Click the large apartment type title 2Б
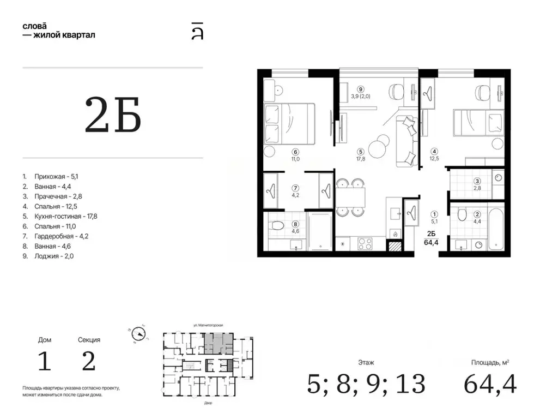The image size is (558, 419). click(113, 115)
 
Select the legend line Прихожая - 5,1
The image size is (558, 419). click(56, 176)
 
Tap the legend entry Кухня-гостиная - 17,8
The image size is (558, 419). click(66, 216)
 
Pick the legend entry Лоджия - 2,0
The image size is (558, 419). click(54, 256)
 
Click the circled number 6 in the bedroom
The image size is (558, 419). click(295, 152)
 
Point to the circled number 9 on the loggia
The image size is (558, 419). click(361, 89)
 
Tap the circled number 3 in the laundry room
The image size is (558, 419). click(477, 181)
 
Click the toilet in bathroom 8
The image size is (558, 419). click(276, 225)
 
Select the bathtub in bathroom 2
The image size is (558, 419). click(495, 229)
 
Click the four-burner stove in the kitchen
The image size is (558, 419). click(365, 244)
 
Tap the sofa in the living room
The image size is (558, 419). click(407, 141)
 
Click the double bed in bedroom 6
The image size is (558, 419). click(289, 124)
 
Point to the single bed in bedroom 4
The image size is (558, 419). click(478, 123)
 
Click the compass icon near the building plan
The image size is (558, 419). click(138, 334)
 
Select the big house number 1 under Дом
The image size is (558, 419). click(45, 361)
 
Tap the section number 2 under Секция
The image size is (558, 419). click(89, 361)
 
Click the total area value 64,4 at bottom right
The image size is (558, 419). click(490, 384)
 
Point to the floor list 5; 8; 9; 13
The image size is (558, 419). click(366, 384)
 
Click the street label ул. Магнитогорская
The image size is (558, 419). click(208, 325)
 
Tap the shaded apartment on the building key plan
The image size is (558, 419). click(219, 344)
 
